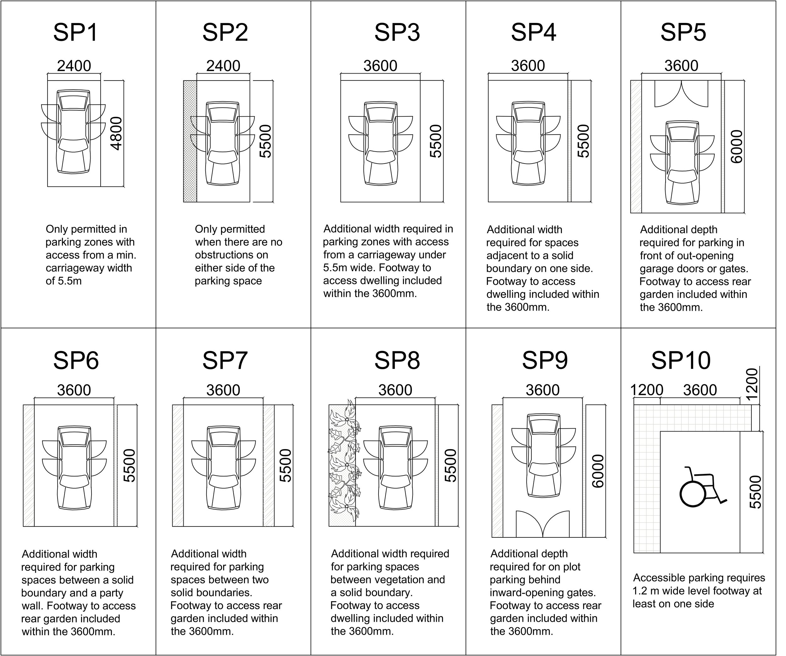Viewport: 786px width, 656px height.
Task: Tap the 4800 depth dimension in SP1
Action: [x=117, y=134]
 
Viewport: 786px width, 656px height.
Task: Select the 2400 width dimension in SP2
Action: [x=223, y=66]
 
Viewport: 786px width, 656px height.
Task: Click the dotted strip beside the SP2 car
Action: [x=190, y=142]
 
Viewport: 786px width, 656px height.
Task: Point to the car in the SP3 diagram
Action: [x=381, y=143]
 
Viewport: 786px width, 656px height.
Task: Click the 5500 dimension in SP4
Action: [x=583, y=141]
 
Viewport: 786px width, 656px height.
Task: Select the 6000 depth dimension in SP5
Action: [x=736, y=147]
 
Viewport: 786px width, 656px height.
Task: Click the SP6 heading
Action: [x=76, y=361]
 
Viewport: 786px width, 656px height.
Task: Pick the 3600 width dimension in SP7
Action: [x=223, y=390]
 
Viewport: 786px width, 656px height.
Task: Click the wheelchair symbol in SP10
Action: [x=701, y=488]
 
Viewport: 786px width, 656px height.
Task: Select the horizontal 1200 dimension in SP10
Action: [x=647, y=390]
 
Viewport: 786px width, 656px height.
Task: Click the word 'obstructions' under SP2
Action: [x=231, y=255]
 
